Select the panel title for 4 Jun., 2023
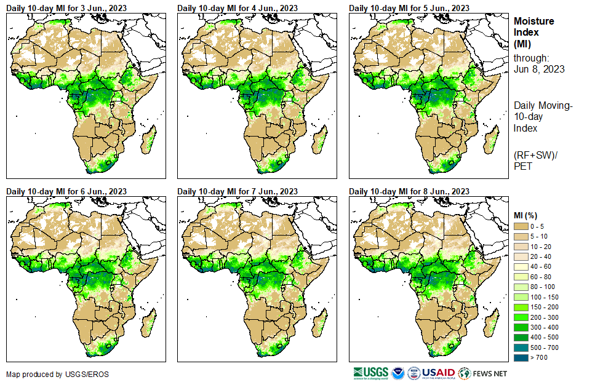tap(238, 8)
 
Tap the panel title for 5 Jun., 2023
tap(409, 8)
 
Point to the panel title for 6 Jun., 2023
tap(66, 191)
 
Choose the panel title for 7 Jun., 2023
tap(238, 191)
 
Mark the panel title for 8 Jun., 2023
tap(409, 191)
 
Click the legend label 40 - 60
tap(541, 267)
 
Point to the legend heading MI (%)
tap(527, 215)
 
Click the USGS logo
tap(370, 373)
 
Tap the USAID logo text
tap(439, 373)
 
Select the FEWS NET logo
tap(483, 373)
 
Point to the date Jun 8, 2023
tap(539, 69)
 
